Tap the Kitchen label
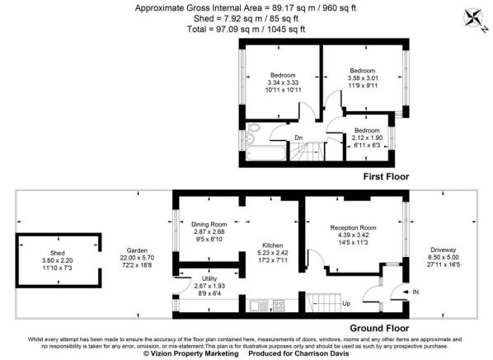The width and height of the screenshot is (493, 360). point(274,245)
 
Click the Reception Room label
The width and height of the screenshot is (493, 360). point(353,227)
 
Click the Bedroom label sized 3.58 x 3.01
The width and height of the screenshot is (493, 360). point(363,71)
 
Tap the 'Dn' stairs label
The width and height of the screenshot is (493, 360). point(298,138)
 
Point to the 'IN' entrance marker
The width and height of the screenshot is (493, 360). point(414,291)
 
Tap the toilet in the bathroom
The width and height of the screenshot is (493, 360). point(251,129)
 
